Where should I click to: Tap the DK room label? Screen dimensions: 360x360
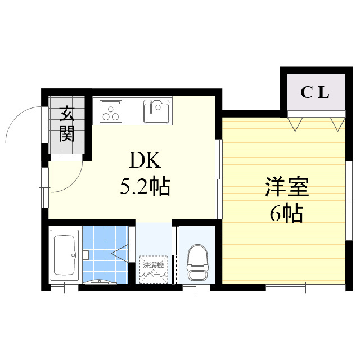[146, 161]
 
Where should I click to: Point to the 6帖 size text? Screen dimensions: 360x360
[286, 214]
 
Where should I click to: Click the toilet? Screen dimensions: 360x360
[196, 263]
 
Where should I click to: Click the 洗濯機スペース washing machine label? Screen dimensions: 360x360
[152, 269]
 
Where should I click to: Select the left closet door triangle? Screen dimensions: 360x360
[296, 123]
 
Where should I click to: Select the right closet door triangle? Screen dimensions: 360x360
[337, 123]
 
